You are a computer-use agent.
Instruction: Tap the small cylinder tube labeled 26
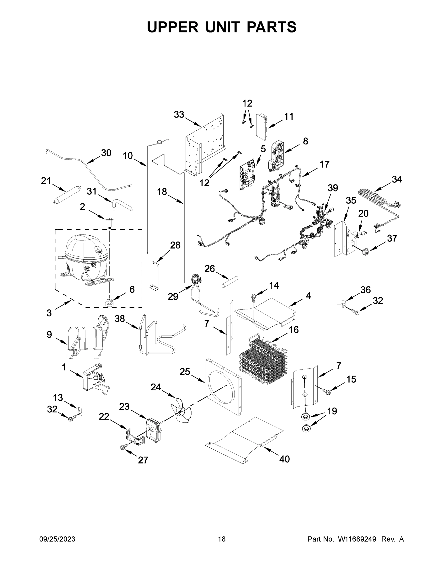pyautogui.click(x=229, y=281)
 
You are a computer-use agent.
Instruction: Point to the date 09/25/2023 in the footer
pyautogui.click(x=57, y=539)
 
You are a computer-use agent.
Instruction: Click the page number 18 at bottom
pyautogui.click(x=222, y=539)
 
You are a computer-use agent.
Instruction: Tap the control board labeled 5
pyautogui.click(x=247, y=175)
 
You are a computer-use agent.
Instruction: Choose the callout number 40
pyautogui.click(x=284, y=459)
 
